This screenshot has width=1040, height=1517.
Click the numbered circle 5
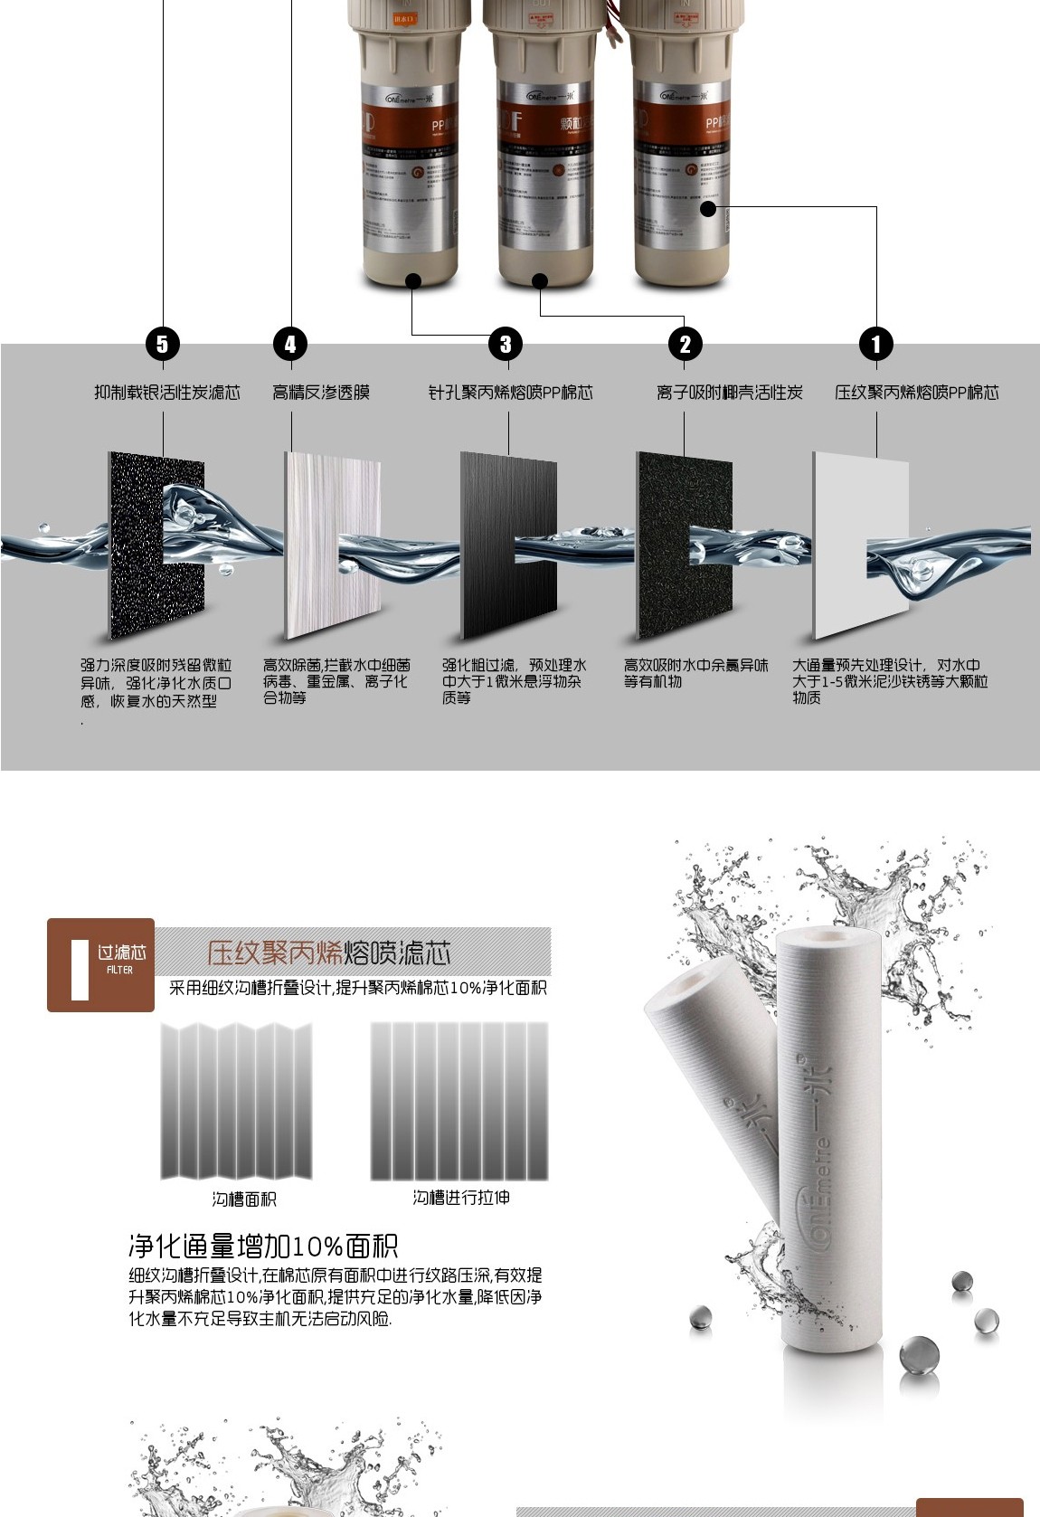point(163,344)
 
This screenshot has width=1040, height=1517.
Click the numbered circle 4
point(290,344)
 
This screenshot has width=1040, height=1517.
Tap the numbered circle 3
point(506,344)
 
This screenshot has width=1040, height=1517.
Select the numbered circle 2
point(685,344)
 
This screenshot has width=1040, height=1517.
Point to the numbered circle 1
point(875,344)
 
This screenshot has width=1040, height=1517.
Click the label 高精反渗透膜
point(321,393)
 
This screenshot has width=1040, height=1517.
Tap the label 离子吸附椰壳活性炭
point(729,393)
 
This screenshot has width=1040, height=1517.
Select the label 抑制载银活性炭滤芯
point(167,393)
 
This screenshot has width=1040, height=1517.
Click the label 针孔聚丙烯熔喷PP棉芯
point(510,393)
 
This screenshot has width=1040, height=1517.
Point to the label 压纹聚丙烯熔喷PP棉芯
point(916,393)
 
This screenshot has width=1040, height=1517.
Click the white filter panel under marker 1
point(841,543)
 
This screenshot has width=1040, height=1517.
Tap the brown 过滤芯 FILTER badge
point(100,964)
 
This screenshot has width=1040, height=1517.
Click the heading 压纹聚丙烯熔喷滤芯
point(328,953)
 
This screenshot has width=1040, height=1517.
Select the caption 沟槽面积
point(244,1199)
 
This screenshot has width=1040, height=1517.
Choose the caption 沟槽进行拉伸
point(461,1198)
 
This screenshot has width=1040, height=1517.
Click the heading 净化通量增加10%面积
point(263,1247)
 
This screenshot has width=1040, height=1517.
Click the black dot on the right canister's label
point(707,209)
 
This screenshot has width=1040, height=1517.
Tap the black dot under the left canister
point(413,280)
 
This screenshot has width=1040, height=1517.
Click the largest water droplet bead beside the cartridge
point(919,1356)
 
